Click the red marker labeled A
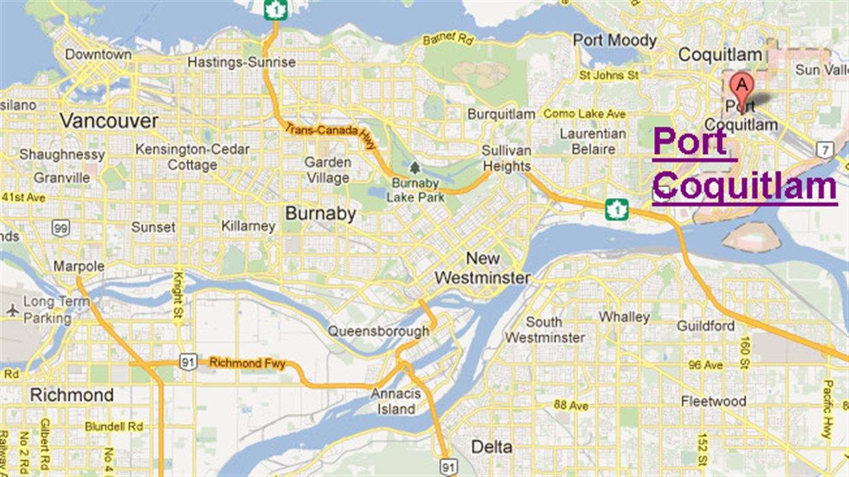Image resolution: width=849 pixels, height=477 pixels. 742,87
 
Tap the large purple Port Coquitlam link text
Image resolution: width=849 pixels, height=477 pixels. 744,164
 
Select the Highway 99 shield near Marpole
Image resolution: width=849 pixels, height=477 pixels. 61,228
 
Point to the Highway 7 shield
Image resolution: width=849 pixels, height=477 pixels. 825,149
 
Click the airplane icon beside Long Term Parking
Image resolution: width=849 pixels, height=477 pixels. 12,310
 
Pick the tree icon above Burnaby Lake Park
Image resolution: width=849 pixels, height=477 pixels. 414,168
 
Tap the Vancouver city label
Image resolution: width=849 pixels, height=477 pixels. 109,121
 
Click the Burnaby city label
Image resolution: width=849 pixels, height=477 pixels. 321,214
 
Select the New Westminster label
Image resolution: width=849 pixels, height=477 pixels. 482,268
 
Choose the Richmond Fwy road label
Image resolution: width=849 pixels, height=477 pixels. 247,363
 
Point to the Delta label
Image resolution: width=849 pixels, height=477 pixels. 492,447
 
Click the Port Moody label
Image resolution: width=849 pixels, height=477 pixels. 615,41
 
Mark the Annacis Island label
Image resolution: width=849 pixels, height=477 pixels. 396,402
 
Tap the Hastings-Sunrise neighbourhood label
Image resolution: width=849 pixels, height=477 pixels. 241,62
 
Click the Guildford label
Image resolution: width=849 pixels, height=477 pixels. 706,326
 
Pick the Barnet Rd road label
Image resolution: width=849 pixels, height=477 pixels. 448,39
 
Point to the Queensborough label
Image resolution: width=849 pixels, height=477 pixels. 378,331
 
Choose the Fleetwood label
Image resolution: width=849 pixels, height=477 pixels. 714,401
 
